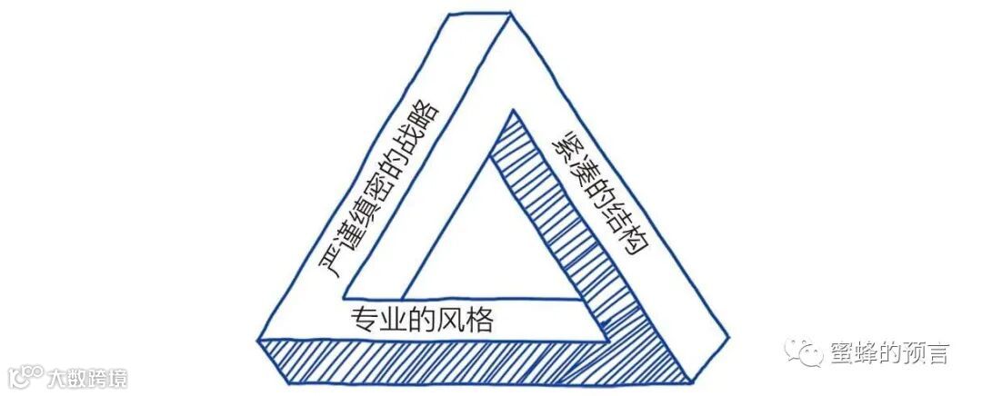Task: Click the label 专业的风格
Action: [x=421, y=320]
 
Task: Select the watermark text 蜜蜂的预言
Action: [x=890, y=352]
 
